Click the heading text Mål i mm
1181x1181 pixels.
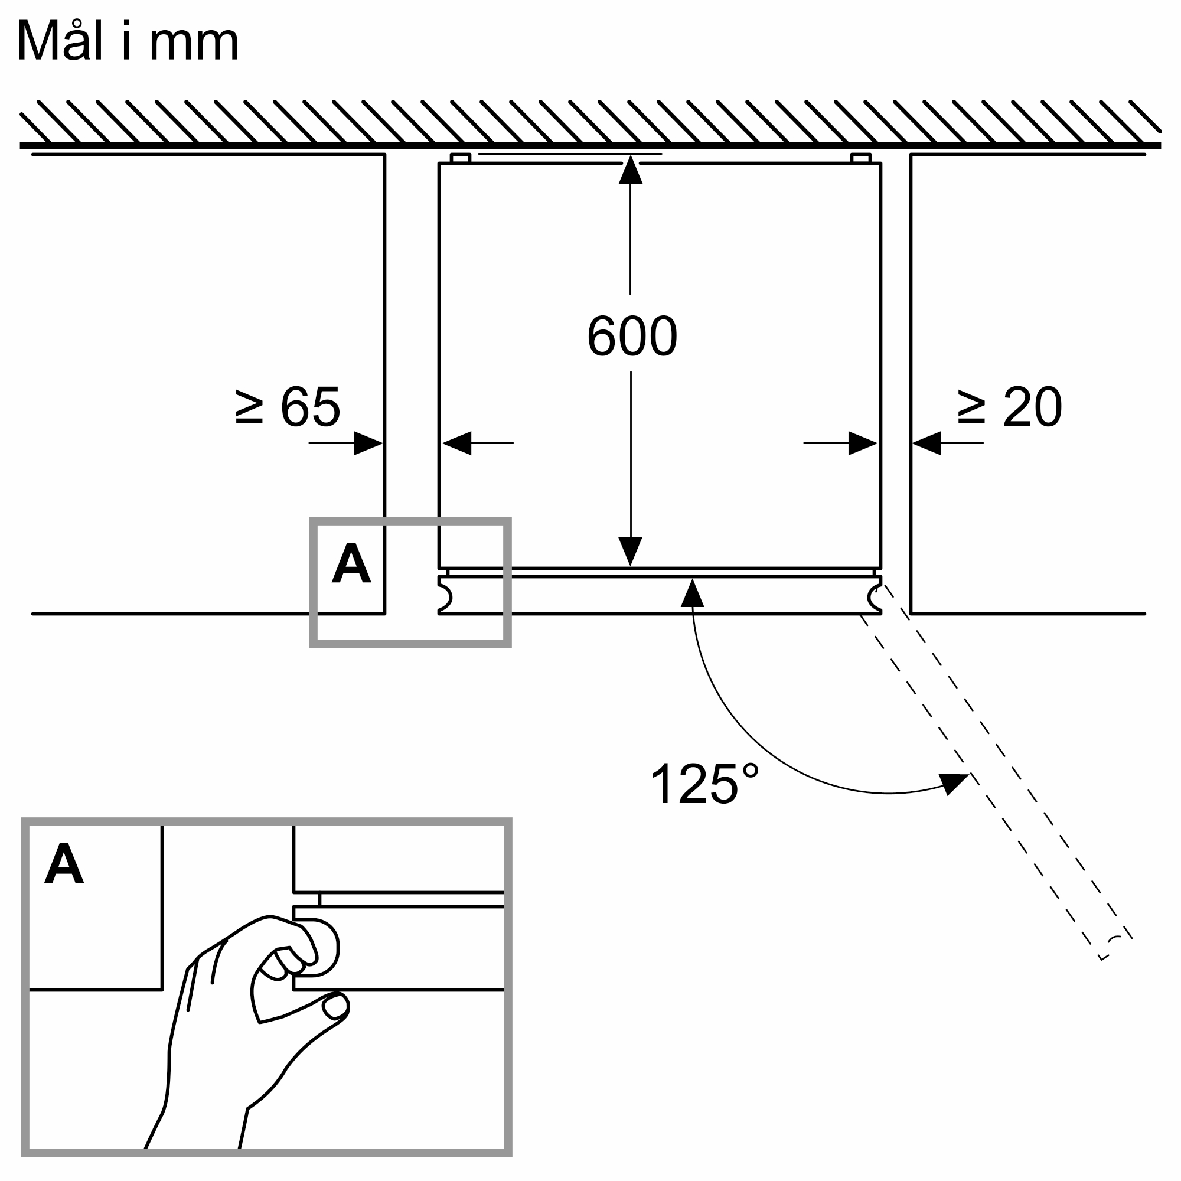point(128,41)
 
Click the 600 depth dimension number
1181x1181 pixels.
point(631,335)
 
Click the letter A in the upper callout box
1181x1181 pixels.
point(351,563)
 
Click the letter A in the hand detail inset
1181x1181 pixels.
point(64,863)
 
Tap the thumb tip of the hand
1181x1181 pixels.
point(334,1007)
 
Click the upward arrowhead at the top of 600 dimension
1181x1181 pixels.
point(630,171)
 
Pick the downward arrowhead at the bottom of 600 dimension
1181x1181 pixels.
point(630,550)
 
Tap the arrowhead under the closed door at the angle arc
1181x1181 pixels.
point(692,594)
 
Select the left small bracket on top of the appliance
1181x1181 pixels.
point(461,158)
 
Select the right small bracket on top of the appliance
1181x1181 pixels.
point(861,158)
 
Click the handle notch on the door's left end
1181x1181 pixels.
point(445,597)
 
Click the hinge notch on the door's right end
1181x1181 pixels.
point(875,597)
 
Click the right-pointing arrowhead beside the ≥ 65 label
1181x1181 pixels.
point(367,443)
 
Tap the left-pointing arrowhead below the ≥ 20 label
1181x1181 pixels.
point(926,443)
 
